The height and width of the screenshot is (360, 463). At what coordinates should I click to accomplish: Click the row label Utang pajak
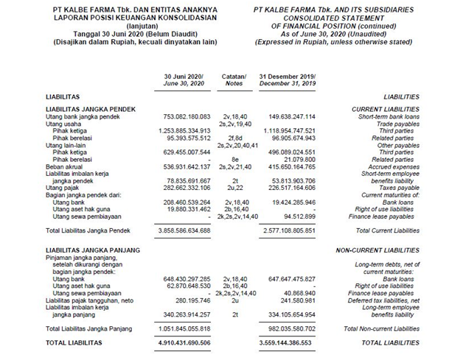pos(63,188)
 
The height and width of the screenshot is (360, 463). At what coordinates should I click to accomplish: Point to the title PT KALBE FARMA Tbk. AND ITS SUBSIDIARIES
pos(336,7)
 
